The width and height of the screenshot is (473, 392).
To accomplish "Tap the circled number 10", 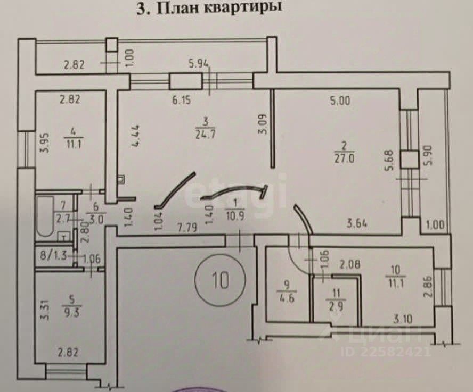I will pos(221,278).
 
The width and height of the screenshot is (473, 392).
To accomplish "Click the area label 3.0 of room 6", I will pos(96,217).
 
